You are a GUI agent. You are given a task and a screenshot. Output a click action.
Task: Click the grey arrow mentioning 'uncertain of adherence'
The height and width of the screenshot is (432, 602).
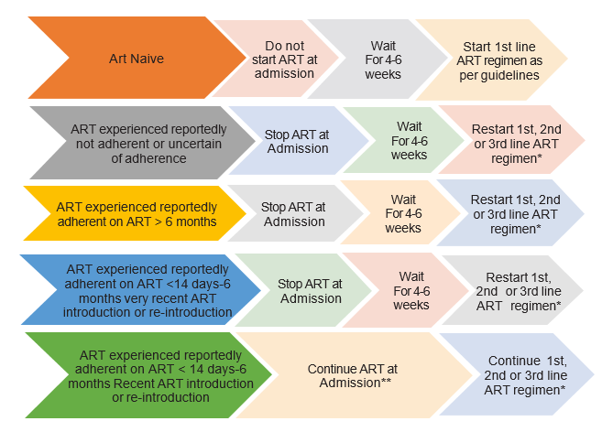click(x=128, y=139)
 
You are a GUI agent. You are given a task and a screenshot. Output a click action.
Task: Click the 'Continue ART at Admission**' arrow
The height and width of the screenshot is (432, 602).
click(x=344, y=375)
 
